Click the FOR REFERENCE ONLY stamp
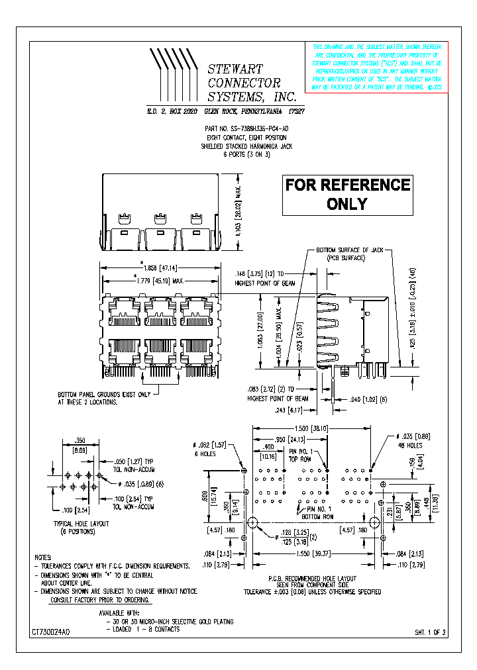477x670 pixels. tap(348, 195)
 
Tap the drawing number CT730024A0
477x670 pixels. tap(50, 633)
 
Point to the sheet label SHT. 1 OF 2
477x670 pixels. tap(431, 633)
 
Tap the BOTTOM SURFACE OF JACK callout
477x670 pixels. tap(350, 254)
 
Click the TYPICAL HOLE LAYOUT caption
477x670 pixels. tap(81, 527)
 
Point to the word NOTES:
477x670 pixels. tap(42, 558)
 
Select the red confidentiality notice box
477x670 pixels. tap(376, 66)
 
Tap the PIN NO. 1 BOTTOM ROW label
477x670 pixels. tap(316, 513)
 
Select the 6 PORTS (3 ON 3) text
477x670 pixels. tap(246, 154)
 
